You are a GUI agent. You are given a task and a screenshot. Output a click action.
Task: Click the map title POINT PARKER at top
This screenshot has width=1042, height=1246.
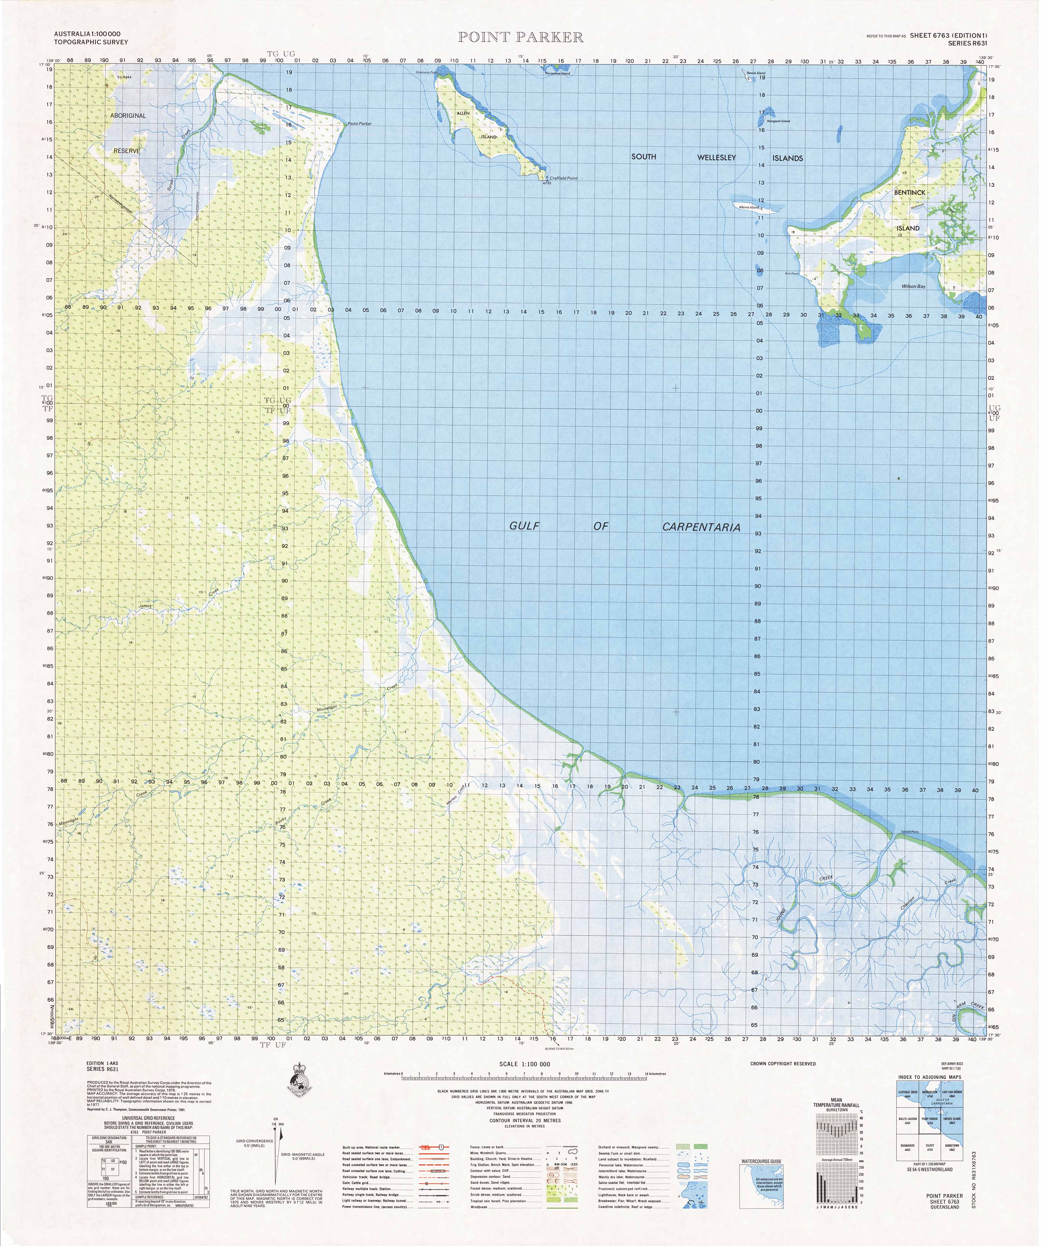520,37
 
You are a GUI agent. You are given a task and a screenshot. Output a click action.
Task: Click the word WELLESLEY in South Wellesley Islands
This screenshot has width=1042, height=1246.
716,157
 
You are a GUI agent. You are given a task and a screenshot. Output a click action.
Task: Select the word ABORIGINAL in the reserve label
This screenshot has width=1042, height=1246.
128,115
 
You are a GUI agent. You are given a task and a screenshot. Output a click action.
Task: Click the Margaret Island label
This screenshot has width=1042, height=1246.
778,121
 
